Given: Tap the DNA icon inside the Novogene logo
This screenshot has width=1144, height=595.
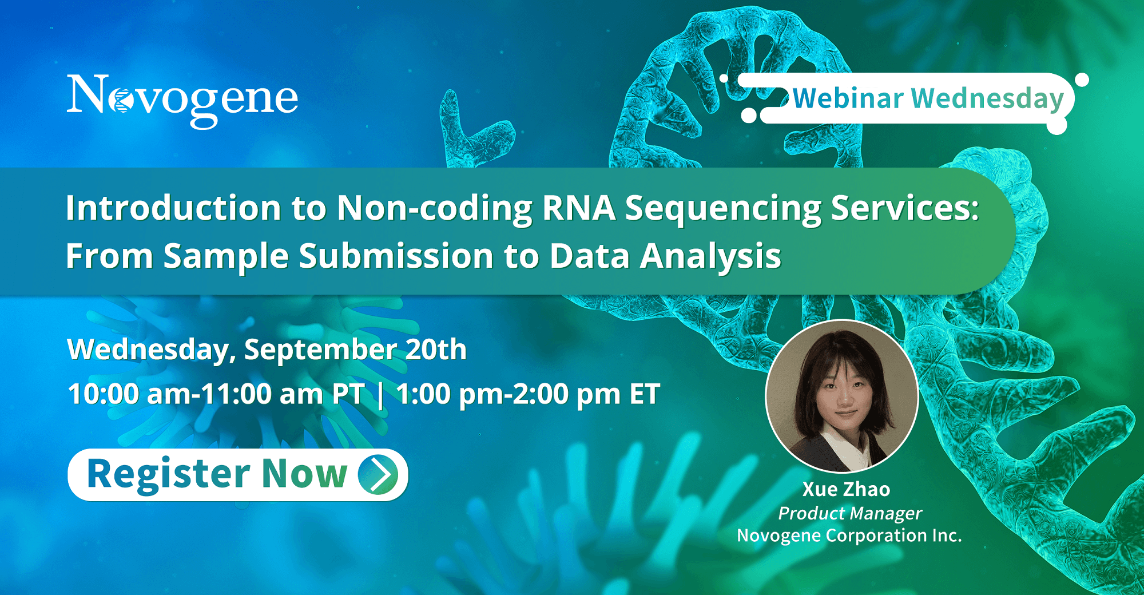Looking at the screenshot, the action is click(121, 101).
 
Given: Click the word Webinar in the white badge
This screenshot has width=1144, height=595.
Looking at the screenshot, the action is click(848, 98).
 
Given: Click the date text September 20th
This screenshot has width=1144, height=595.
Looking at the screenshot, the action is click(355, 350).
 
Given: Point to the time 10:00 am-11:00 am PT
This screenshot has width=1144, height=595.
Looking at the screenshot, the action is click(216, 394).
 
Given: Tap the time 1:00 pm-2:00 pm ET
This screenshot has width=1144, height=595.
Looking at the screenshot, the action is click(528, 395).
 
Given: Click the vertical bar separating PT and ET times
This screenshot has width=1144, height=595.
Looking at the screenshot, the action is click(380, 395).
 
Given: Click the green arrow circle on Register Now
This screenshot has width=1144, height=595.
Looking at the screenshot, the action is click(378, 474).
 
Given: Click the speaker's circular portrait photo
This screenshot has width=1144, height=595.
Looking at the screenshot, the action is click(842, 396).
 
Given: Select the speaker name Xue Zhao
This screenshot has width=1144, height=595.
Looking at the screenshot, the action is click(846, 489).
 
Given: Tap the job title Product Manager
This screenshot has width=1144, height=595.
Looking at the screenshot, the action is click(850, 514).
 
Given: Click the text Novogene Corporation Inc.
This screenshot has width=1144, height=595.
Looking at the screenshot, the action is click(849, 536).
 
